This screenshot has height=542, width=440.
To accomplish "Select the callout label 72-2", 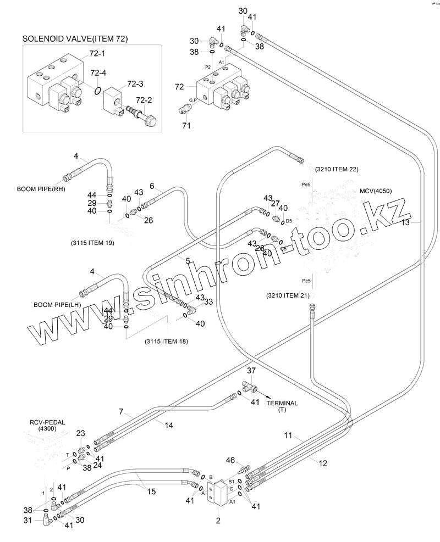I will [144, 99].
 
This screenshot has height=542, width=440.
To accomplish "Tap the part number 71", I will [186, 126].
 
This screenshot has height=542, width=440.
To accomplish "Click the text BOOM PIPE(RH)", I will [39, 188].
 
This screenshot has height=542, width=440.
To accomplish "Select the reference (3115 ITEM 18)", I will [166, 342].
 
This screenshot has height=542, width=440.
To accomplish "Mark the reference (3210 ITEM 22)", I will [337, 169].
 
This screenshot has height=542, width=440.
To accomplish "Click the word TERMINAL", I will [282, 403].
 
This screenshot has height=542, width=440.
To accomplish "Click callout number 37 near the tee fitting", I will [251, 371].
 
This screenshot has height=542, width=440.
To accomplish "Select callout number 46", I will [230, 460].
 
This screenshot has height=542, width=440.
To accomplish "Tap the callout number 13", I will [405, 222].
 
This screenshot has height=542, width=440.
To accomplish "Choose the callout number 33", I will [208, 301].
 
